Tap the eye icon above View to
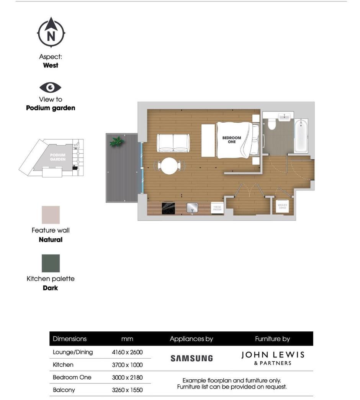click(x=51, y=88)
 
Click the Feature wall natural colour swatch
click(x=51, y=215)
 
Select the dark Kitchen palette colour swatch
click(x=51, y=263)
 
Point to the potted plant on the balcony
click(x=116, y=141)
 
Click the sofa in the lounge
click(x=173, y=143)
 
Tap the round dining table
click(x=169, y=166)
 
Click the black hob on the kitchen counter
click(x=169, y=208)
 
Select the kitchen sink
click(x=192, y=208)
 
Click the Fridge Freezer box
click(x=217, y=208)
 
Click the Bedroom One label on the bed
click(x=232, y=140)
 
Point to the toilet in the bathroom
click(x=272, y=123)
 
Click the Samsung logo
click(x=191, y=358)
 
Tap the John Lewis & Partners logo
click(x=273, y=358)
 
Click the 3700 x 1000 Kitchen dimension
click(x=127, y=365)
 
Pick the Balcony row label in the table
click(x=64, y=390)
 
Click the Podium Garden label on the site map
click(x=57, y=157)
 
